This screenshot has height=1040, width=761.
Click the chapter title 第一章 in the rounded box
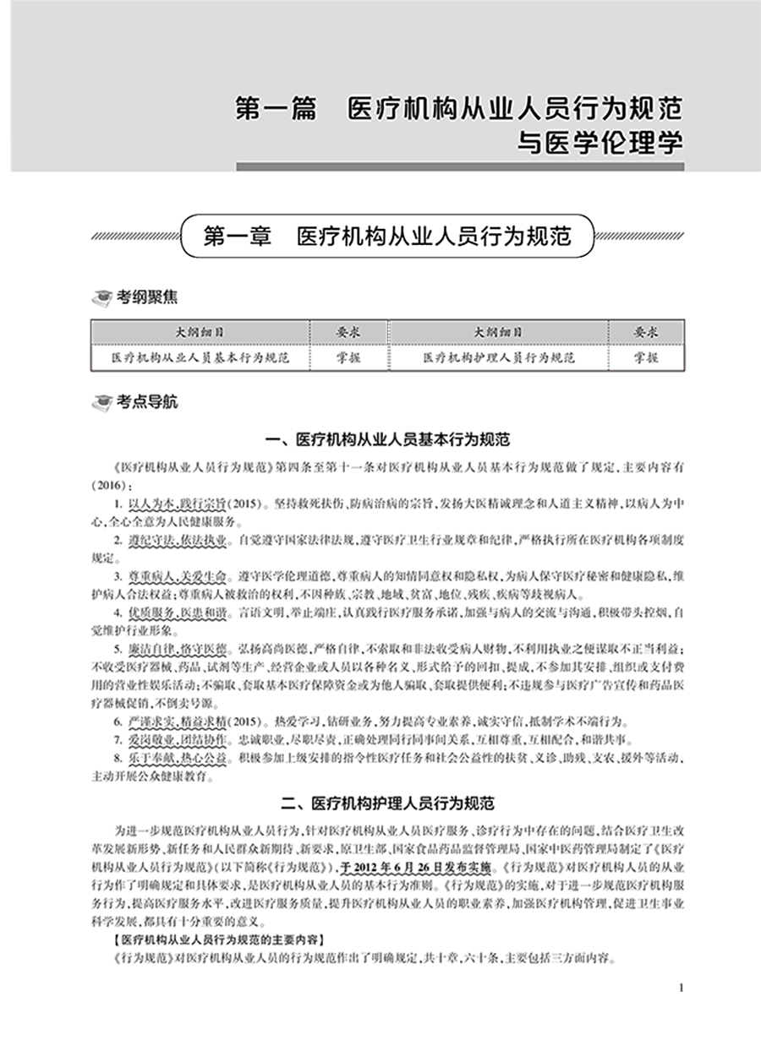pyautogui.click(x=387, y=235)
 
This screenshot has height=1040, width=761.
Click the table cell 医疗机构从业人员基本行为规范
pyautogui.click(x=200, y=357)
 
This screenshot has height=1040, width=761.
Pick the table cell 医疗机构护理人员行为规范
pyautogui.click(x=500, y=357)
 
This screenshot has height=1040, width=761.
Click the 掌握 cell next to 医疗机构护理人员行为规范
pyautogui.click(x=646, y=357)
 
